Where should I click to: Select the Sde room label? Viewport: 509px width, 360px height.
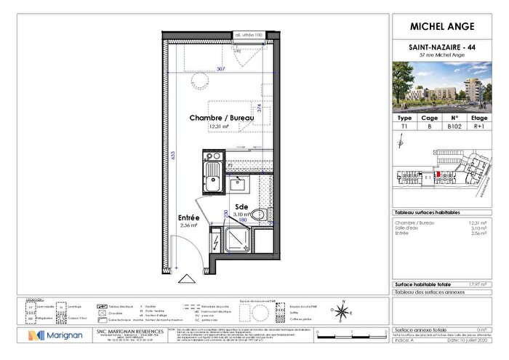[241, 207]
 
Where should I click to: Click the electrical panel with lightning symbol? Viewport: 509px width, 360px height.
[216, 239]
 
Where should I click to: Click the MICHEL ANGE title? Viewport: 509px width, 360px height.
[443, 27]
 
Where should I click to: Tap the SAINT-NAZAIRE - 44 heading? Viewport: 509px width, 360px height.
[443, 47]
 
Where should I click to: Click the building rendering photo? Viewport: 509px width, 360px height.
[443, 86]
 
